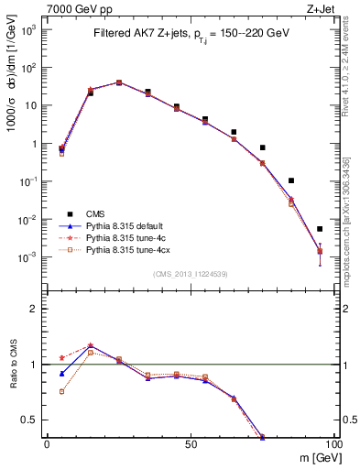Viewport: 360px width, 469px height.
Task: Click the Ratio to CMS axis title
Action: pyautogui.click(x=16, y=365)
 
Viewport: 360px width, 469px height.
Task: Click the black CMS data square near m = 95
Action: pyautogui.click(x=320, y=229)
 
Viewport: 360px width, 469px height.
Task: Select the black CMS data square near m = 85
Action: pyautogui.click(x=291, y=180)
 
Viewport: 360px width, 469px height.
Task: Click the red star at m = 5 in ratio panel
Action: pyautogui.click(x=61, y=358)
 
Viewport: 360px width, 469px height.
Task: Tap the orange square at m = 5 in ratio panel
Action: pyautogui.click(x=61, y=391)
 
